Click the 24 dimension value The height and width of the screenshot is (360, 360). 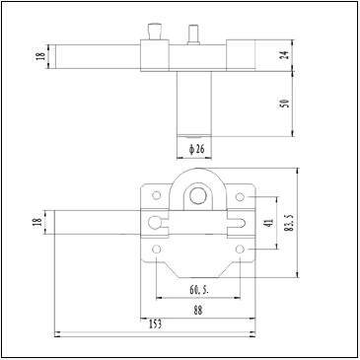tap(286, 54)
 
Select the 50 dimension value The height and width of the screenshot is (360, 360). tap(286, 104)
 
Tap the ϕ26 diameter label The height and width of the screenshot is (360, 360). tap(196, 149)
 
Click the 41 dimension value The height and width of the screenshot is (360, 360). tap(269, 224)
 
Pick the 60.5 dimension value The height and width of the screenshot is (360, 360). tap(198, 290)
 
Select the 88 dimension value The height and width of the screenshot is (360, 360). tap(198, 310)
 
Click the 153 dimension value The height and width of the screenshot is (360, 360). tap(155, 324)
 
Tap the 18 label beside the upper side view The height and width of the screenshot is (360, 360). tap(41, 56)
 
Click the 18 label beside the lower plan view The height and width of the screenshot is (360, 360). tap(38, 222)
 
